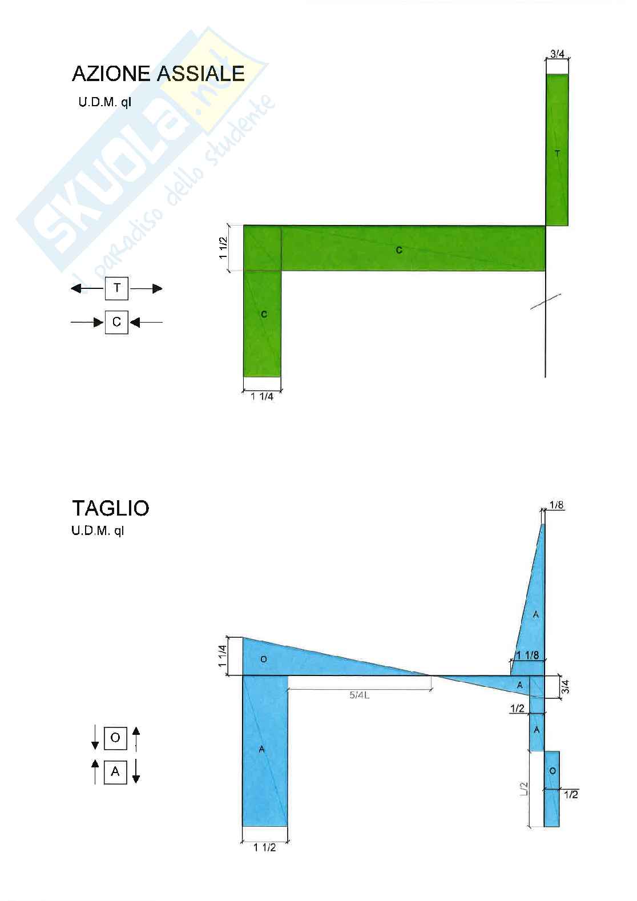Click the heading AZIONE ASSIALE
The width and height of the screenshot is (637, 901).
coord(158,74)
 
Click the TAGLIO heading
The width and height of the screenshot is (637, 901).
coord(111,508)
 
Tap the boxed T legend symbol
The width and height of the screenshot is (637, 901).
coord(116,288)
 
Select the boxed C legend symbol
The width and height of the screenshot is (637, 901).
coord(116,322)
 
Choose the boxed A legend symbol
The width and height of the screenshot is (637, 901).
coord(115,772)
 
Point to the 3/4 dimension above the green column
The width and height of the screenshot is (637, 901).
coord(557,54)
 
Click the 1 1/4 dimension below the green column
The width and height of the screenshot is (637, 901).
coord(262,397)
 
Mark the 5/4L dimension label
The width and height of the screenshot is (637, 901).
coord(359,695)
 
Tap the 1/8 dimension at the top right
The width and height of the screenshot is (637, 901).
coord(557,505)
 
